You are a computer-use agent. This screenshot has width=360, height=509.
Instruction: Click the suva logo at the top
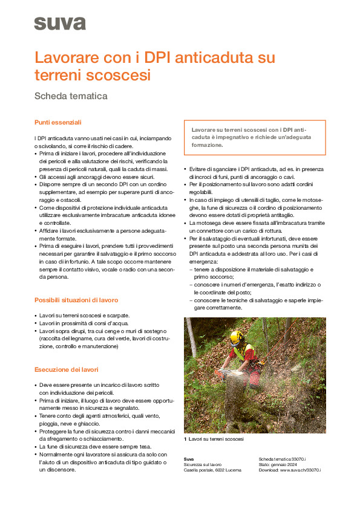(x=59, y=23)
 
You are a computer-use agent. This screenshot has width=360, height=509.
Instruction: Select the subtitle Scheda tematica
(x=71, y=96)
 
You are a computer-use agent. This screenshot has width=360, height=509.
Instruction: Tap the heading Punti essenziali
(x=57, y=123)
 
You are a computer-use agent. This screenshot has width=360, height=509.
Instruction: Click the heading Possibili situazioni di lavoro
(x=76, y=300)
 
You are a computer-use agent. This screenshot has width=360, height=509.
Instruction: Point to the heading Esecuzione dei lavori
(x=66, y=369)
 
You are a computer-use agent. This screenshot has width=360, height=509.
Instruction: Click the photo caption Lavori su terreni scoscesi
(x=216, y=439)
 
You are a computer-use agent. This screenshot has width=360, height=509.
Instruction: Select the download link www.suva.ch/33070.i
(x=300, y=470)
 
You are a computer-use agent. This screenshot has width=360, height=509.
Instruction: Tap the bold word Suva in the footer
(x=189, y=459)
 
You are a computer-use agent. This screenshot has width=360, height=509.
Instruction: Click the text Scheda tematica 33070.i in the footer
(x=282, y=459)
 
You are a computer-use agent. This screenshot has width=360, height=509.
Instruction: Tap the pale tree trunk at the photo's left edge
(x=191, y=345)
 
